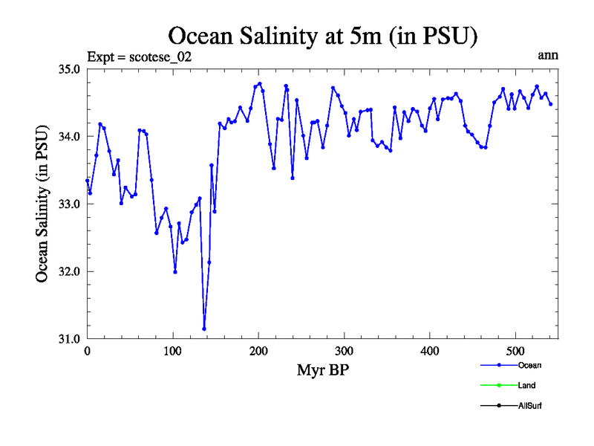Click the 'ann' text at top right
coord(548,55)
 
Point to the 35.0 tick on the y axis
coord(70,69)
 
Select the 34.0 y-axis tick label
coord(70,137)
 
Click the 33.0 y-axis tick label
coord(70,204)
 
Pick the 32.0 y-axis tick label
coord(70,272)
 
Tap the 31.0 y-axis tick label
coord(70,339)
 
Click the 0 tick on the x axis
coord(87,351)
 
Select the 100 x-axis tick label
coord(173,351)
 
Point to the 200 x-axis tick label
coord(258,351)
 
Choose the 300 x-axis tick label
coord(344,351)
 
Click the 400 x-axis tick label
coord(430,351)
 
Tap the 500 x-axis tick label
coord(515,351)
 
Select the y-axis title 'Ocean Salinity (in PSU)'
coord(43,204)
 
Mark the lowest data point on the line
coord(204,329)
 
